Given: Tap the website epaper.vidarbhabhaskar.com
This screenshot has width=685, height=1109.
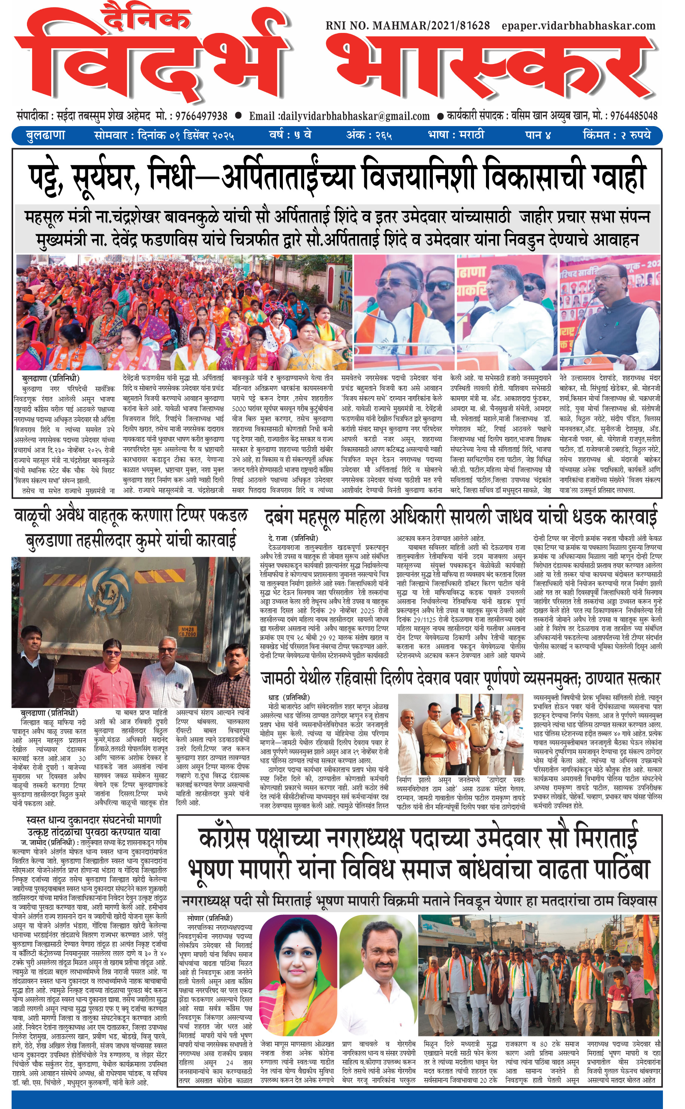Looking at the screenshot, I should point(578,26).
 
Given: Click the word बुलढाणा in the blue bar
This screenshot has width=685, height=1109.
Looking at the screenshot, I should point(45,135).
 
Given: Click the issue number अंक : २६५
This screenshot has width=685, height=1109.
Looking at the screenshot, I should point(369,135).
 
